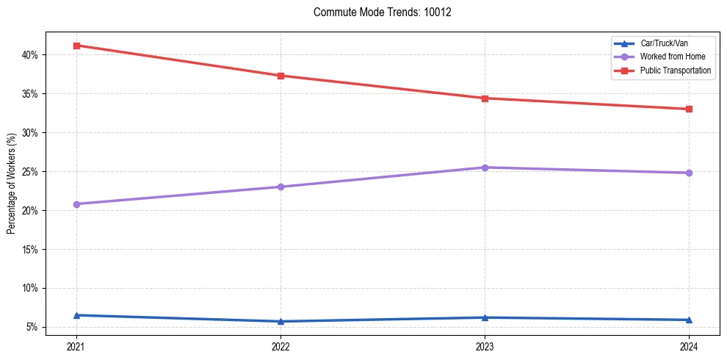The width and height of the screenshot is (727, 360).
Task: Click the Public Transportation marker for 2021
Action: pyautogui.click(x=76, y=46)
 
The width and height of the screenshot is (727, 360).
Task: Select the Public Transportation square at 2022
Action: pyautogui.click(x=281, y=76)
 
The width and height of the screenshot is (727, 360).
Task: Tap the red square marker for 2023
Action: pyautogui.click(x=485, y=98)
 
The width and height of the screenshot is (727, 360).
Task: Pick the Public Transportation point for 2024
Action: pyautogui.click(x=689, y=109)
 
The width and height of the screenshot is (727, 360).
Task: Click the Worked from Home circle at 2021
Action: pyautogui.click(x=76, y=204)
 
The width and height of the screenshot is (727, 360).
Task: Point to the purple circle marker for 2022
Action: pyautogui.click(x=281, y=187)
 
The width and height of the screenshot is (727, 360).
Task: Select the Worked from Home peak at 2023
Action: pyautogui.click(x=485, y=168)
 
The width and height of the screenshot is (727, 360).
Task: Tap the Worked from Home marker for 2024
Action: pyautogui.click(x=689, y=173)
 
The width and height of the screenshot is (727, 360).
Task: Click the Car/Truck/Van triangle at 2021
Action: pyautogui.click(x=76, y=315)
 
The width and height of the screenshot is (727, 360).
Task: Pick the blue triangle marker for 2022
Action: pyautogui.click(x=281, y=321)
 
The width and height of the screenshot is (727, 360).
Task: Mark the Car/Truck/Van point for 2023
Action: pyautogui.click(x=485, y=317)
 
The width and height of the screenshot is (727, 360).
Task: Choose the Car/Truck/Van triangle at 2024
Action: pyautogui.click(x=689, y=320)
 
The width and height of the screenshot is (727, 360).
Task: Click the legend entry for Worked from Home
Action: pyautogui.click(x=666, y=57)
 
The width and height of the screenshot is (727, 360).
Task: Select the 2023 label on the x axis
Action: pyautogui.click(x=485, y=345)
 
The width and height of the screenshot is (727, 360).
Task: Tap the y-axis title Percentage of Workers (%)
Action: pyautogui.click(x=12, y=184)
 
